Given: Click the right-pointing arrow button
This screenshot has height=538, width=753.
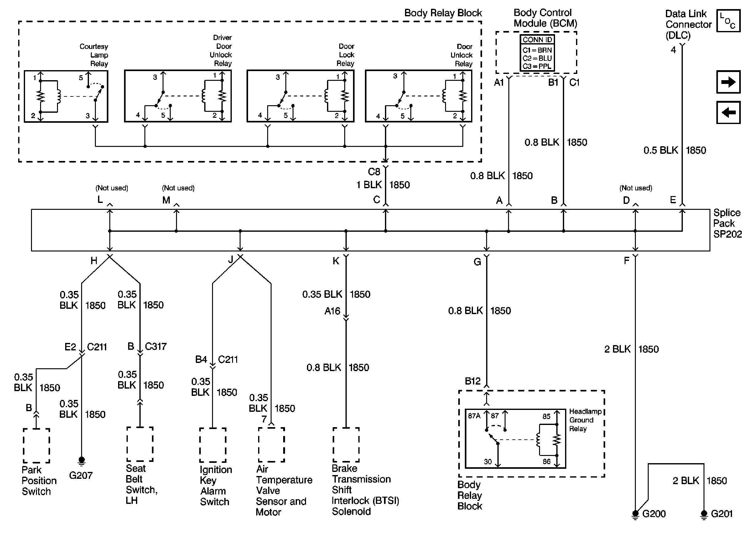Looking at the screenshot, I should click(728, 82).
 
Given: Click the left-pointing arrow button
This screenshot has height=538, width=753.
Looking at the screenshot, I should click(728, 112).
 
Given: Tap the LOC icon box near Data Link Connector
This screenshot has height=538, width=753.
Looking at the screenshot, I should click(728, 21).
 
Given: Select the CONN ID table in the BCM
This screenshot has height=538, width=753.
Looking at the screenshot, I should click(537, 53).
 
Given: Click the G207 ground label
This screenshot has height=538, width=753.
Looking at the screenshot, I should click(81, 475).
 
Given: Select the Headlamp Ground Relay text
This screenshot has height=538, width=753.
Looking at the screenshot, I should click(585, 420).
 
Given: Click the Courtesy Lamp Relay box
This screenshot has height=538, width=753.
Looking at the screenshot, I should click(66, 96).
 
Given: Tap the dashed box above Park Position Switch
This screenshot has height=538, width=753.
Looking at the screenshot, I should click(36, 446).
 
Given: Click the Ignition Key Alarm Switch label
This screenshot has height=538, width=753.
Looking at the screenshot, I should click(215, 485).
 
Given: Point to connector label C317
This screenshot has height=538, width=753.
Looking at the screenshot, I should click(155, 347).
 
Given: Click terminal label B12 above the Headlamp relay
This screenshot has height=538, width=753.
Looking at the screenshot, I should click(472, 381).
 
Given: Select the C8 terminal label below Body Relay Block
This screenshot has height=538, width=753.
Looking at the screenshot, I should click(374, 172).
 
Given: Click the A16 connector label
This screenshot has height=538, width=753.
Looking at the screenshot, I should click(332, 311).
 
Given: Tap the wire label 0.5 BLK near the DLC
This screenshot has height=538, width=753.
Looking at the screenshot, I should click(660, 150).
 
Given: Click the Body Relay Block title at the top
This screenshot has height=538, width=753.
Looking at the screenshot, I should click(443, 13).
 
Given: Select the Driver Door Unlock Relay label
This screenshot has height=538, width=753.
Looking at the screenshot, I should click(221, 50).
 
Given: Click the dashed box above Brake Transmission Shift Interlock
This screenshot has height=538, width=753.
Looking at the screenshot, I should click(346, 445).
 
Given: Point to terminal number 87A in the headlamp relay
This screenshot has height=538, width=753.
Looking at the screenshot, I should click(474, 416).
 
